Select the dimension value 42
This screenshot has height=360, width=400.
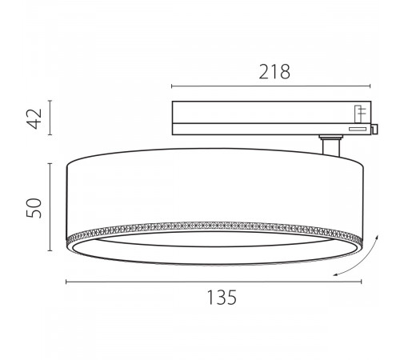(34, 118)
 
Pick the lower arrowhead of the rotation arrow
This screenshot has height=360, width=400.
(337, 276)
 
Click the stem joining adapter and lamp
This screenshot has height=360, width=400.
(330, 148)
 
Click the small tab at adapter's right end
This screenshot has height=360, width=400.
(374, 126)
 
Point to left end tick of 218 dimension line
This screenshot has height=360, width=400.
(172, 86)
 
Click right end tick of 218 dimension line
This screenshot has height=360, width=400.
(371, 86)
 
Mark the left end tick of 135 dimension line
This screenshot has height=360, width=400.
(66, 281)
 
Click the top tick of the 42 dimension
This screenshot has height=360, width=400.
(52, 101)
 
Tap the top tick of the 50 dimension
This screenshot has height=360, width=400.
(52, 162)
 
